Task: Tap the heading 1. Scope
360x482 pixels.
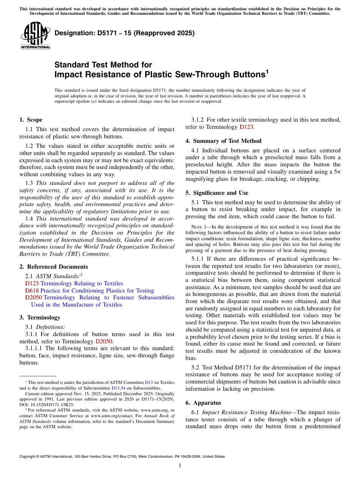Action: (31, 120)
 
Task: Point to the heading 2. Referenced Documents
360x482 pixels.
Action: (54, 267)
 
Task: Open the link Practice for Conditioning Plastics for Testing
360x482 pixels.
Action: (97, 291)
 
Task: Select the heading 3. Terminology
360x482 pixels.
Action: (40, 318)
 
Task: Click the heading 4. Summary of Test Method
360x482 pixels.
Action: (224, 141)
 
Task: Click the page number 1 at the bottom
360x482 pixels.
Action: (180, 466)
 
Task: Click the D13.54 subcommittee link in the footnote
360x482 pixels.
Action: (118, 388)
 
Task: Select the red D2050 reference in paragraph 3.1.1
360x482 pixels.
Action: (104, 341)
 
